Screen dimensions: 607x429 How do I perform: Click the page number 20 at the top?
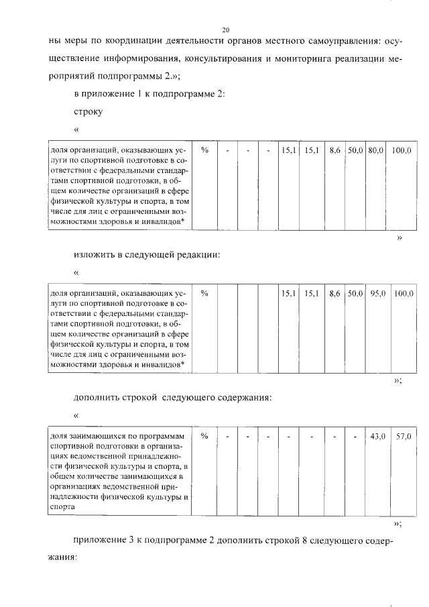tap(225, 30)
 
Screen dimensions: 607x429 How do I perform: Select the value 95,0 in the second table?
tap(377, 293)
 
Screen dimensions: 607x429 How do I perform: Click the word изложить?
tap(95, 255)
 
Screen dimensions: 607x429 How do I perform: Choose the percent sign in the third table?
tap(205, 436)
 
